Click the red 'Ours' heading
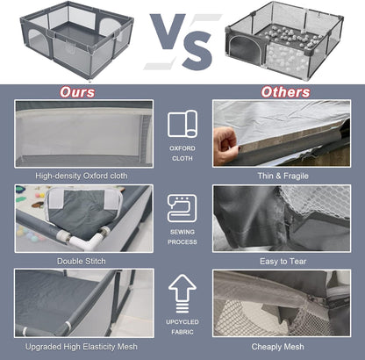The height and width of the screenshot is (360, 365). (x=77, y=92)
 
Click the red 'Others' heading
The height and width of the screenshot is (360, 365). (x=285, y=92)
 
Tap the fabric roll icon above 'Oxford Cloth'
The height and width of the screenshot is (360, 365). (x=182, y=124)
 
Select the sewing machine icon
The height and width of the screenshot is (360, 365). (x=182, y=208)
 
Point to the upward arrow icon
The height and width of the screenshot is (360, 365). (x=182, y=293)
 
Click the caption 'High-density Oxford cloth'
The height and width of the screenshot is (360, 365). (x=82, y=176)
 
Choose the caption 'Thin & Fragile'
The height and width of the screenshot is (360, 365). (x=283, y=176)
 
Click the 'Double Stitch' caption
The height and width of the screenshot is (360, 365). (x=82, y=261)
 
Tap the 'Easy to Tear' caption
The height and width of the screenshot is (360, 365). (x=283, y=261)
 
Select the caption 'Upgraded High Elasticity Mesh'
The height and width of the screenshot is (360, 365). (x=82, y=347)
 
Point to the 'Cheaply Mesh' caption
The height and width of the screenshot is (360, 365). (x=277, y=347)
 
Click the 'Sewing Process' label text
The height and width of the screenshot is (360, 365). (x=182, y=237)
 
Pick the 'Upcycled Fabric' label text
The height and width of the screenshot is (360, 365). (x=182, y=327)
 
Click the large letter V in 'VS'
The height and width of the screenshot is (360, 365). (x=168, y=32)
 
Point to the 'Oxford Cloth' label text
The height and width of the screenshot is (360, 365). (x=182, y=153)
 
